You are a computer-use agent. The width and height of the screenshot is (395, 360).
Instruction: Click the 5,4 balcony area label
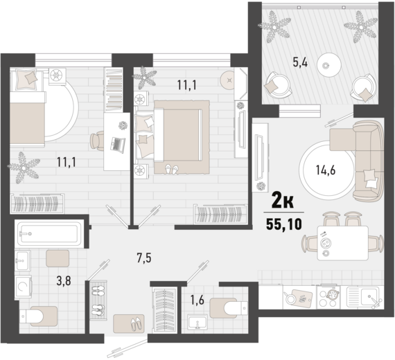click(300, 62)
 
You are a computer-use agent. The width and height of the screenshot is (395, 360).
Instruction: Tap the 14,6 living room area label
click(326, 170)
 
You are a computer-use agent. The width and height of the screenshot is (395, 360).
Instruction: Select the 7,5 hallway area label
click(144, 258)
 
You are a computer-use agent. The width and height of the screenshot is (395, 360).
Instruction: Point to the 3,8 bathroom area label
click(64, 280)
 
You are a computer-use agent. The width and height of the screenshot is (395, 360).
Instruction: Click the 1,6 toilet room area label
click(197, 300)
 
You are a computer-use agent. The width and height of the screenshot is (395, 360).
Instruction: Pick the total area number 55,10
click(284, 224)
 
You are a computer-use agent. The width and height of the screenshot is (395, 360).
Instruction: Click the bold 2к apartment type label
click(283, 201)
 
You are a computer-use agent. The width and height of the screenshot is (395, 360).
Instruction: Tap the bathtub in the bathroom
click(49, 233)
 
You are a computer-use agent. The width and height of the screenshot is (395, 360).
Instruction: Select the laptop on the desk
click(118, 145)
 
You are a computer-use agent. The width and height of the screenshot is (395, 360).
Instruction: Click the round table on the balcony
click(328, 64)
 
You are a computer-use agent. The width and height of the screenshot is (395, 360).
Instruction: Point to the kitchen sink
click(363, 297)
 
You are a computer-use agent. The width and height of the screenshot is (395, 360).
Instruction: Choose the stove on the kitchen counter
click(328, 297)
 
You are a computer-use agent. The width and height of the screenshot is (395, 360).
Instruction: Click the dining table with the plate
click(342, 243)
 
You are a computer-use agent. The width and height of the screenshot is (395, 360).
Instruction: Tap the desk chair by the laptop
click(97, 141)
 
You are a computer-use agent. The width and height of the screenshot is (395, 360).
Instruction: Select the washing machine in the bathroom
click(23, 287)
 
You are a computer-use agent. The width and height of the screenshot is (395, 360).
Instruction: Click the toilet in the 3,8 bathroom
click(38, 316)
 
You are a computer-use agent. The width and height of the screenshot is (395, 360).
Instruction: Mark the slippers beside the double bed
click(172, 169)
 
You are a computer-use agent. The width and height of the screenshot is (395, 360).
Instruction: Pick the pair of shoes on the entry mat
click(137, 324)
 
